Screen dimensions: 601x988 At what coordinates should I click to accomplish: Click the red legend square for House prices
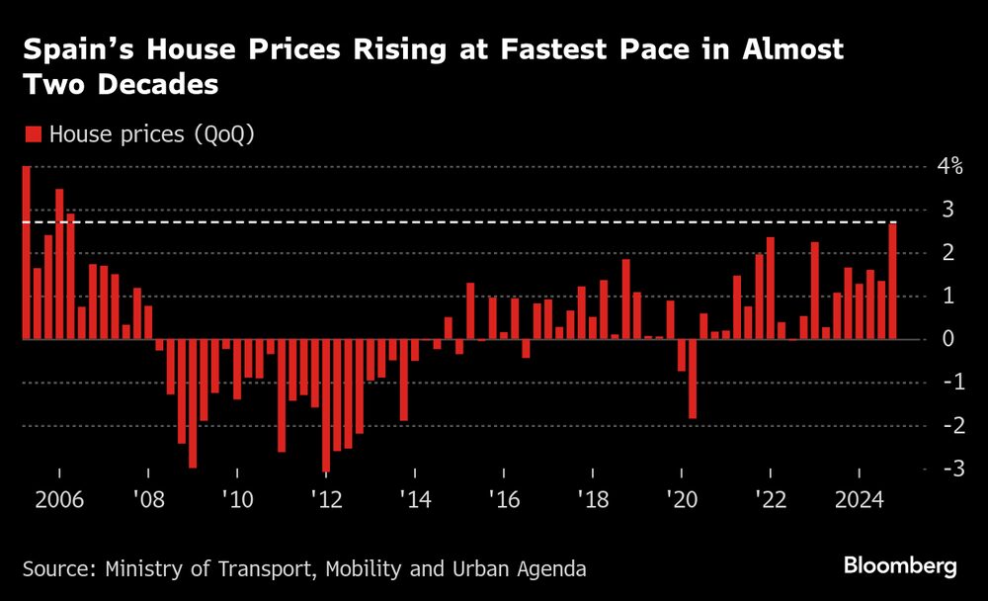[x=33, y=135]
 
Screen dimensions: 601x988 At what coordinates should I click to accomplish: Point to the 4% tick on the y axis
[x=949, y=166]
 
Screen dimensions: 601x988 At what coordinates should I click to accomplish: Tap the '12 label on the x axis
[x=326, y=496]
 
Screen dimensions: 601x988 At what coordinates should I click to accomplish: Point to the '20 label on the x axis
[x=681, y=496]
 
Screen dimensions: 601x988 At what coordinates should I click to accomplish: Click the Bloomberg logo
[x=899, y=566]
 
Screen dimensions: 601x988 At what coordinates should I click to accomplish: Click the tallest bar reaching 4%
[x=26, y=252]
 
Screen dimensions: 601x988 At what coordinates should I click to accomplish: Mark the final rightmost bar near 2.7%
[x=892, y=282]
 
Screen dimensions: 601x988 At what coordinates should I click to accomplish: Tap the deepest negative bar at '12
[x=326, y=405]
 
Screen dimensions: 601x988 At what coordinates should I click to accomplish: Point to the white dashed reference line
[x=494, y=223]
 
